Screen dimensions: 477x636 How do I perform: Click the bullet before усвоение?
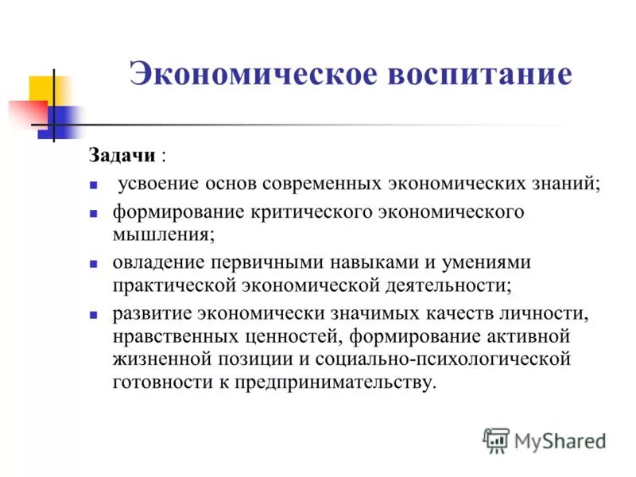tap(93, 185)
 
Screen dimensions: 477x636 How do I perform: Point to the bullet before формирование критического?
tap(93, 215)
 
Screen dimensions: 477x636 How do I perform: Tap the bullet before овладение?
tap(93, 262)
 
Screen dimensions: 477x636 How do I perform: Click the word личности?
tap(553, 313)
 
